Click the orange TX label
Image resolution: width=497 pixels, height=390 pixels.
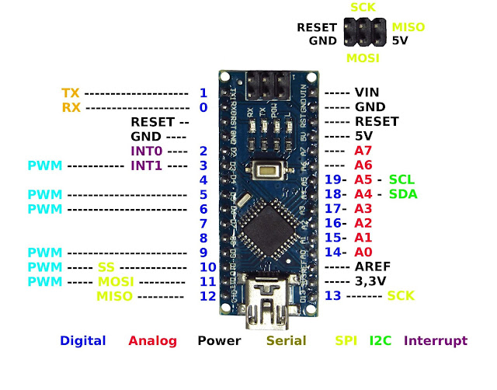(x=71, y=92)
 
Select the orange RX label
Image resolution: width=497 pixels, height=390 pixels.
(x=71, y=107)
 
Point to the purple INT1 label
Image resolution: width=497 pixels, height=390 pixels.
(x=146, y=165)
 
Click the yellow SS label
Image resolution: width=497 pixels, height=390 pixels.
(x=106, y=267)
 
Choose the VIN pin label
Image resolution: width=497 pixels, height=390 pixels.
(x=367, y=92)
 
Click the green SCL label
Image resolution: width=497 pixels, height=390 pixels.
(x=402, y=179)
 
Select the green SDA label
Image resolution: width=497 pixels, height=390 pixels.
(x=403, y=194)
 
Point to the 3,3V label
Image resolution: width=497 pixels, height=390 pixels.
(x=370, y=281)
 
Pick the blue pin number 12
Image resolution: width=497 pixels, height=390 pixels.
(x=206, y=296)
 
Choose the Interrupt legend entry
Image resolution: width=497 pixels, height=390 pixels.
(x=436, y=341)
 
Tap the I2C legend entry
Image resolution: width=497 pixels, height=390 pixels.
(x=381, y=341)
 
